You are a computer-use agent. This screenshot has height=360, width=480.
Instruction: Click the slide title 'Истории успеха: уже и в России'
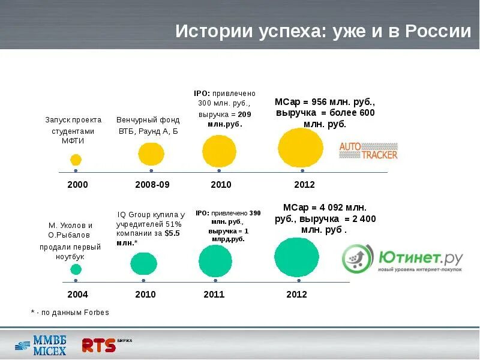click(323, 32)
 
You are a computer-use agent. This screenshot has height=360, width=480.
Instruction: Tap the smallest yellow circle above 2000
click(76, 160)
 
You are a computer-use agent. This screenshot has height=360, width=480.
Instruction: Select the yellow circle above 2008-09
click(151, 154)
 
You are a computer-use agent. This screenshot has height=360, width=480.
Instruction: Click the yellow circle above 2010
click(219, 152)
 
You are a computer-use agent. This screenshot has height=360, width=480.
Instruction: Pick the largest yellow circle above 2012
click(301, 148)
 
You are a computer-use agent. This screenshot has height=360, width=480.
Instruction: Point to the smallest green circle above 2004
click(76, 269)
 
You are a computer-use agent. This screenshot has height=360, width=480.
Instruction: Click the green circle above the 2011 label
click(215, 262)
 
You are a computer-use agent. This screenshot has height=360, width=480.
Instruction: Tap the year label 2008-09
click(152, 185)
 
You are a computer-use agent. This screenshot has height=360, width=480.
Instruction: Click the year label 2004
click(77, 295)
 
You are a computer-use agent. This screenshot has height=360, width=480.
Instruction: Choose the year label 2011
click(214, 295)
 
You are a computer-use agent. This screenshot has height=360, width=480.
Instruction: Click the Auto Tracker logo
click(368, 150)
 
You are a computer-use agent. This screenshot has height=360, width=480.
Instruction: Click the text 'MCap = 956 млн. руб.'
click(325, 101)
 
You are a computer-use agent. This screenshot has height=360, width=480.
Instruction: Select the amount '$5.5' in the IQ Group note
click(172, 233)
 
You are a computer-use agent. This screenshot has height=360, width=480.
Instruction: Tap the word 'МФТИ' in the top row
click(73, 141)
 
